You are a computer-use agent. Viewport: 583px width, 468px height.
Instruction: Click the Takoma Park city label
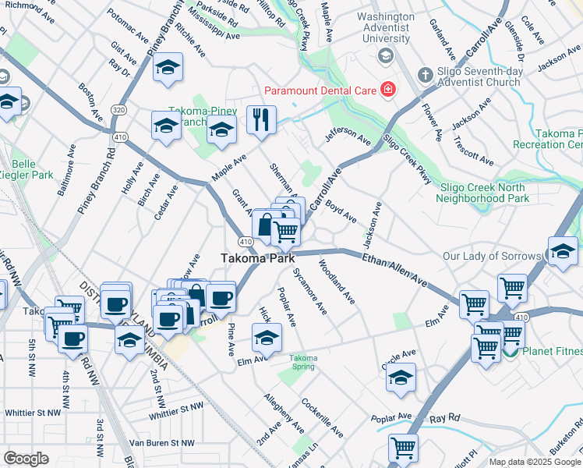click(256, 258)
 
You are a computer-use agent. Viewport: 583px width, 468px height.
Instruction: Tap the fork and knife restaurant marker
click(260, 120)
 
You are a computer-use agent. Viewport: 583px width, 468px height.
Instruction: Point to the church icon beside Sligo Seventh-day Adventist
click(425, 76)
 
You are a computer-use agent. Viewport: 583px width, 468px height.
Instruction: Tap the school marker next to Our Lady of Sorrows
click(562, 252)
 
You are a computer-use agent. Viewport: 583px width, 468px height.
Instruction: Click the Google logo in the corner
click(26, 459)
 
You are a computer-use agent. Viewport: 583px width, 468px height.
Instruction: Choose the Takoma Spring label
click(303, 362)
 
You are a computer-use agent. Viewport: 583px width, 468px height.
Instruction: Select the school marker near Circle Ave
click(400, 378)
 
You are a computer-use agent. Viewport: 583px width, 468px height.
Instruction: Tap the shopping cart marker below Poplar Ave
click(403, 448)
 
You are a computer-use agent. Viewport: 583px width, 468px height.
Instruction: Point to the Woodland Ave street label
click(337, 288)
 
